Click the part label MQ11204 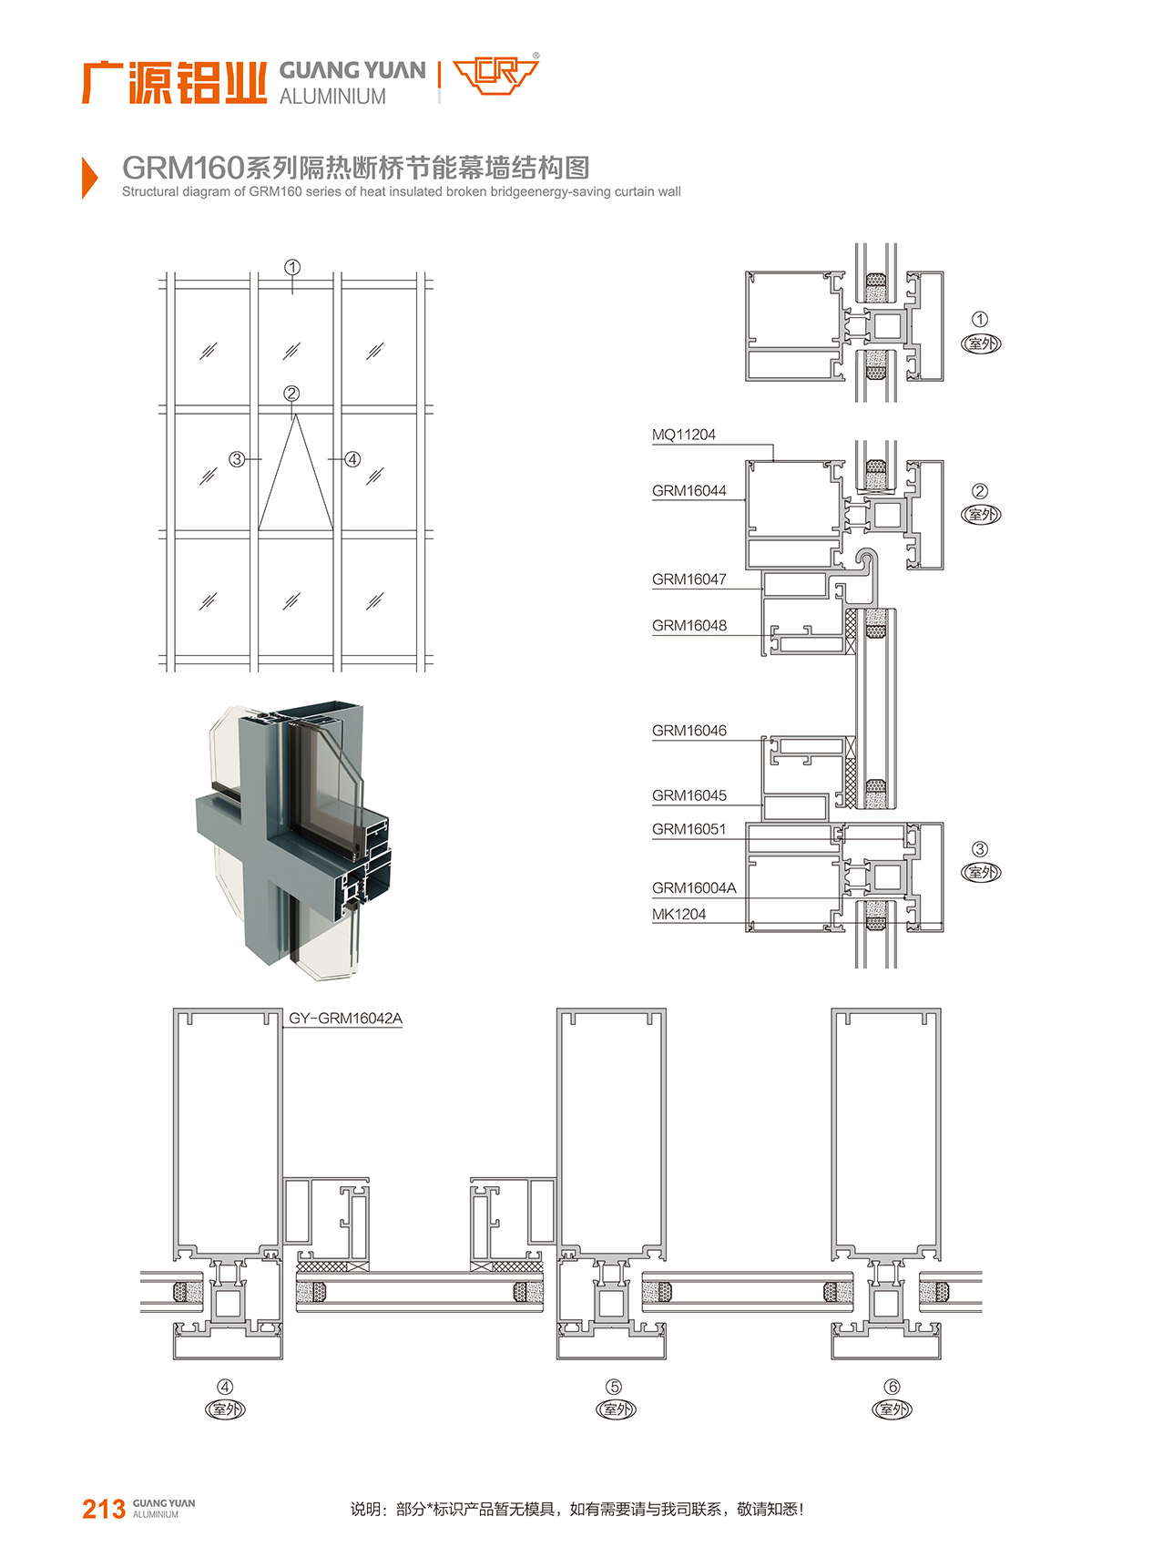pos(683,435)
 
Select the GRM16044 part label pos(689,491)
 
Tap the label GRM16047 pos(689,579)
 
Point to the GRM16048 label pos(689,626)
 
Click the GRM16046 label pos(689,731)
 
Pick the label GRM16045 pos(689,795)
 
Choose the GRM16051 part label pos(689,829)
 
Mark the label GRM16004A pos(694,887)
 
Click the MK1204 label pos(678,914)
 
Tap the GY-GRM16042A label pos(345,1018)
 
